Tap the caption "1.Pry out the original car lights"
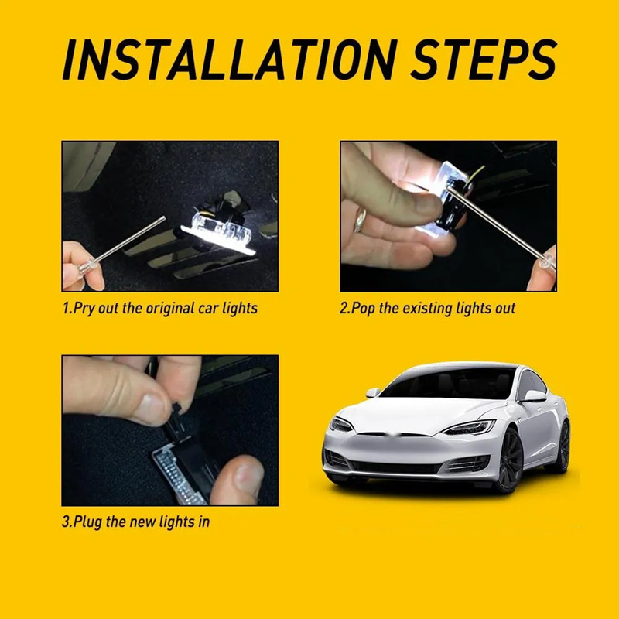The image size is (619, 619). point(159,308)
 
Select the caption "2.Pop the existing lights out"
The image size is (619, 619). point(428,308)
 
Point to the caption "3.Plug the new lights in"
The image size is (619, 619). point(135,522)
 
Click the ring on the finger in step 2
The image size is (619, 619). point(361,219)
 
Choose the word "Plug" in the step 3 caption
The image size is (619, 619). point(87,522)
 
